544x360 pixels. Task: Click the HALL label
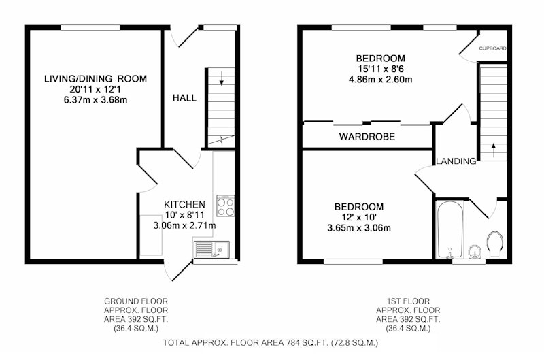tap(184, 98)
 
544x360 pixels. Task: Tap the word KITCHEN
tap(184, 204)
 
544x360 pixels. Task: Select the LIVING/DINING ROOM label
tap(95, 78)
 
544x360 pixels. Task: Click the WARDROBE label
tap(367, 136)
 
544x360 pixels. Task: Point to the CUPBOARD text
tap(492, 48)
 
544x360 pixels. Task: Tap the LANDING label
tap(456, 161)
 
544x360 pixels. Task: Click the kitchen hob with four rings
tap(226, 206)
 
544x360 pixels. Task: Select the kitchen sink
tap(211, 250)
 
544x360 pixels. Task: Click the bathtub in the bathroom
tap(449, 230)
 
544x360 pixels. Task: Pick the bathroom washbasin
tap(474, 252)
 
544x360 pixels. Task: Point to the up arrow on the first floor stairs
tap(493, 150)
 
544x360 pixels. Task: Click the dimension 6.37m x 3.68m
tap(95, 100)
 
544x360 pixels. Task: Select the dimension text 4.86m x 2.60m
tap(381, 80)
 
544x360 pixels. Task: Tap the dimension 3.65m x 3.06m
tap(359, 228)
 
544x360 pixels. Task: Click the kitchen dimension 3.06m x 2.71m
tap(184, 226)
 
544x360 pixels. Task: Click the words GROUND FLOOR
tap(136, 301)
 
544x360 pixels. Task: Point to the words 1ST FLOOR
tap(408, 301)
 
